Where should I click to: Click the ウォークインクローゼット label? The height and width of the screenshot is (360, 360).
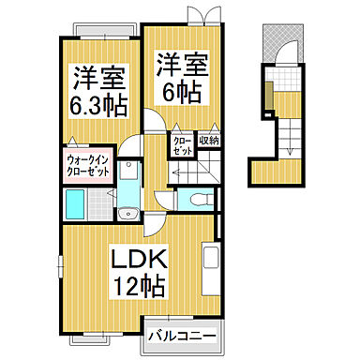[x=85, y=166]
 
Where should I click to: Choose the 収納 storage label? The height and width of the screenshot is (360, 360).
[x=206, y=140]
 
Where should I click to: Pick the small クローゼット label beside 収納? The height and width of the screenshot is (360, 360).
[x=181, y=144]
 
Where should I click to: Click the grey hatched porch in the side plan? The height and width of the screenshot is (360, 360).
[x=278, y=37]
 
